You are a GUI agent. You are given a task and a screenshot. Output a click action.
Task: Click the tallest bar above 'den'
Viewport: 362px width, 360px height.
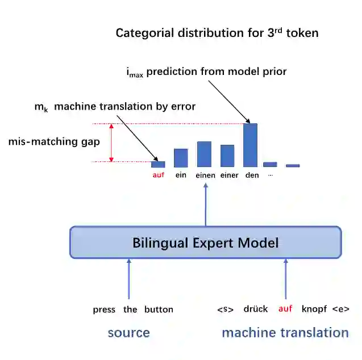[x=250, y=145]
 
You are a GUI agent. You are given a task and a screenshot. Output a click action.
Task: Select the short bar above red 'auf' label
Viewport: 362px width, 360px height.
[x=158, y=164]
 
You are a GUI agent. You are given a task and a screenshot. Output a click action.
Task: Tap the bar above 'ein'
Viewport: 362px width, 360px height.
[x=181, y=158]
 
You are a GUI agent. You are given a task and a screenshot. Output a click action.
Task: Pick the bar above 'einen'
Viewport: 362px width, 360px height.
[x=204, y=154]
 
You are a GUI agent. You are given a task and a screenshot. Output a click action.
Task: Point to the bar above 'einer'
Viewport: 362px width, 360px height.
[x=227, y=156]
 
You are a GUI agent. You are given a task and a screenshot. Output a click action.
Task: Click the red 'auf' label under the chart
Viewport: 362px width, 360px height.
[x=158, y=175]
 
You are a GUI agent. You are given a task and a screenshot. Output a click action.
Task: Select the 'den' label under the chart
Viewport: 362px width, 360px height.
[x=252, y=175]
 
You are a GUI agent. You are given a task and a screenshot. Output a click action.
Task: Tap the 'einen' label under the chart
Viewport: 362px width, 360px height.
[x=205, y=175]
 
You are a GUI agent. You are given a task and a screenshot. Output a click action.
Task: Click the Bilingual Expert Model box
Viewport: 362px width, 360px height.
[x=205, y=243]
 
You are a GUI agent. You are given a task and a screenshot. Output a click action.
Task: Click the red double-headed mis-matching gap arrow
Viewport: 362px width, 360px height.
[x=111, y=143]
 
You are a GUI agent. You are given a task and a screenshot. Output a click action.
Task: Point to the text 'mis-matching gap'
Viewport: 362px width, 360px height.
[x=54, y=142]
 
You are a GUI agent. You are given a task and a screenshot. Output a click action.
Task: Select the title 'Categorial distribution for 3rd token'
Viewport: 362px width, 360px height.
[x=217, y=32]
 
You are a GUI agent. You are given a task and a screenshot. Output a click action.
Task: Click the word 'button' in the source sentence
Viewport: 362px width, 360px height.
[x=159, y=309]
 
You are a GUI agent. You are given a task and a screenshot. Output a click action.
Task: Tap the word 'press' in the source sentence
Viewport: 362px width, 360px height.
[x=105, y=309]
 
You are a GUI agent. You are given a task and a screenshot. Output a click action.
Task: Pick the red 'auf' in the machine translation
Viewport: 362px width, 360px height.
[x=285, y=309]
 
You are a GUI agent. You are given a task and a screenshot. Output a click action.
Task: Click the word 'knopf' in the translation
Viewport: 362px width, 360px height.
[x=314, y=309]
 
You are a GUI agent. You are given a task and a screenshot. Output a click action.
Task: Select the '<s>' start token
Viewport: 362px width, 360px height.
[x=226, y=309]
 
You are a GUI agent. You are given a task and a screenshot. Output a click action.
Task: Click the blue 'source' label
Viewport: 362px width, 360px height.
[x=129, y=333]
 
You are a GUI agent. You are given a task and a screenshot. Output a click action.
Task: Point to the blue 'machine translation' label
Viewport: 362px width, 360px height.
[x=285, y=333]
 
